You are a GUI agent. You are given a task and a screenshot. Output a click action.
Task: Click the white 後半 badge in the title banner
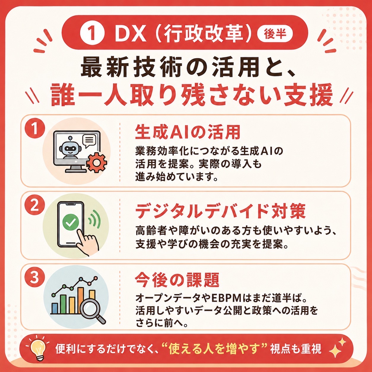point(275,34)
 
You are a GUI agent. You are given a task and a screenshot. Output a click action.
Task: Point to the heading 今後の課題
point(177,280)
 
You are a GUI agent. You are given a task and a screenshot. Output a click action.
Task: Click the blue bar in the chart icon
point(55,308)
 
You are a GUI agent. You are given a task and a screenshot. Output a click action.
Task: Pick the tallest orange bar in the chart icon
point(81,300)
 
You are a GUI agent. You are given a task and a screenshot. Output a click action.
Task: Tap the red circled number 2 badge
point(35,206)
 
